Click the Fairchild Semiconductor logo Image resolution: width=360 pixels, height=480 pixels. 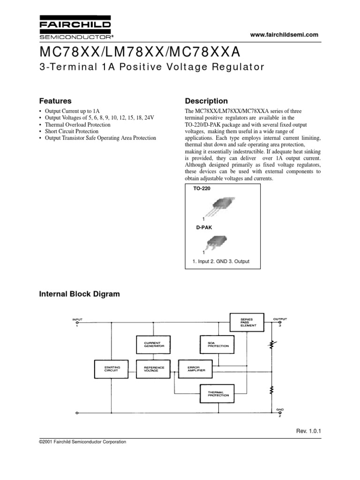(75, 29)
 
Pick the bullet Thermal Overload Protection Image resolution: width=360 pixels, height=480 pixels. (77, 125)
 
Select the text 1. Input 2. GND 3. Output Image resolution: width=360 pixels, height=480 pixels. (221, 262)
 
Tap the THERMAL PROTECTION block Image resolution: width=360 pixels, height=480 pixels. (215, 394)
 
